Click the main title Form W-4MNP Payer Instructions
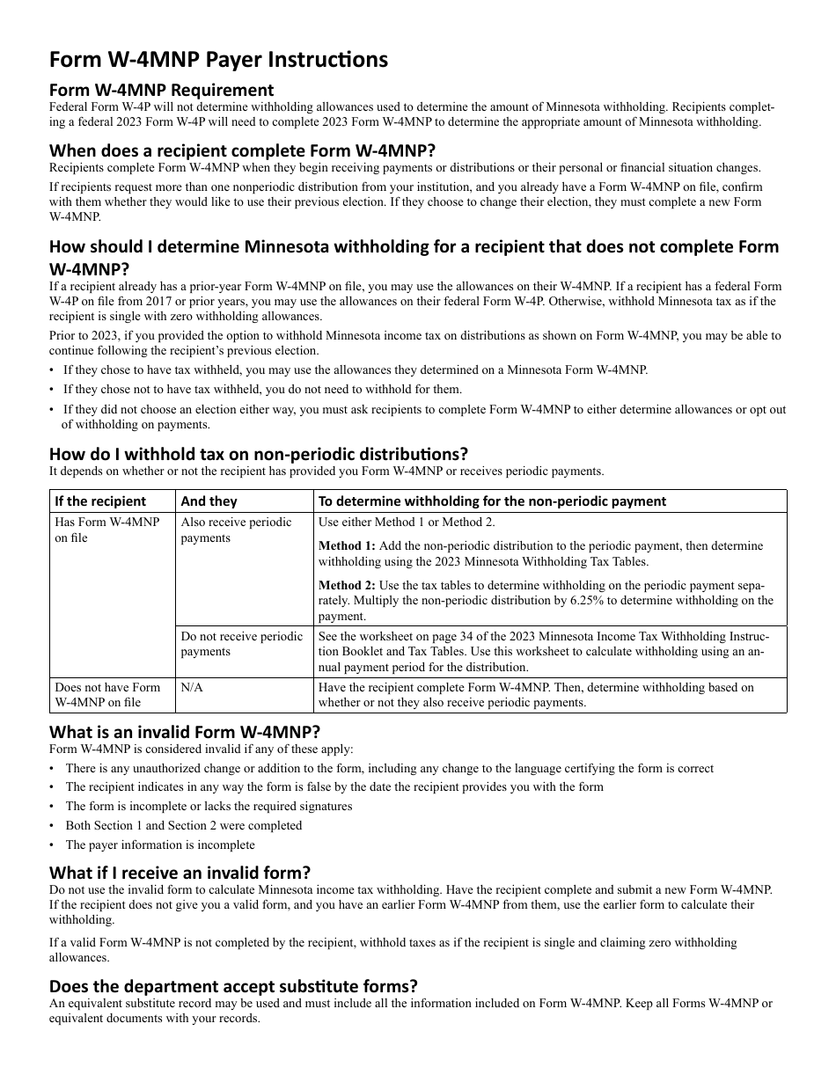[218, 60]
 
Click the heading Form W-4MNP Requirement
[161, 90]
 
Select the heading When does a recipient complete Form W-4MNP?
[242, 150]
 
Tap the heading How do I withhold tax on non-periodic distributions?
[259, 454]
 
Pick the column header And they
[209, 501]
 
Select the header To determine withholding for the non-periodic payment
[492, 501]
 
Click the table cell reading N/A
[191, 687]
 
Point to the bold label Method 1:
[346, 546]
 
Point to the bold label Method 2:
[346, 585]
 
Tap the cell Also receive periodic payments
[236, 530]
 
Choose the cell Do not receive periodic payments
[241, 644]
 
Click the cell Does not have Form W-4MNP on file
[107, 695]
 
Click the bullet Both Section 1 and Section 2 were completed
[183, 825]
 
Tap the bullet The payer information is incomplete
[160, 844]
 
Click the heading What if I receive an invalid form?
[180, 873]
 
